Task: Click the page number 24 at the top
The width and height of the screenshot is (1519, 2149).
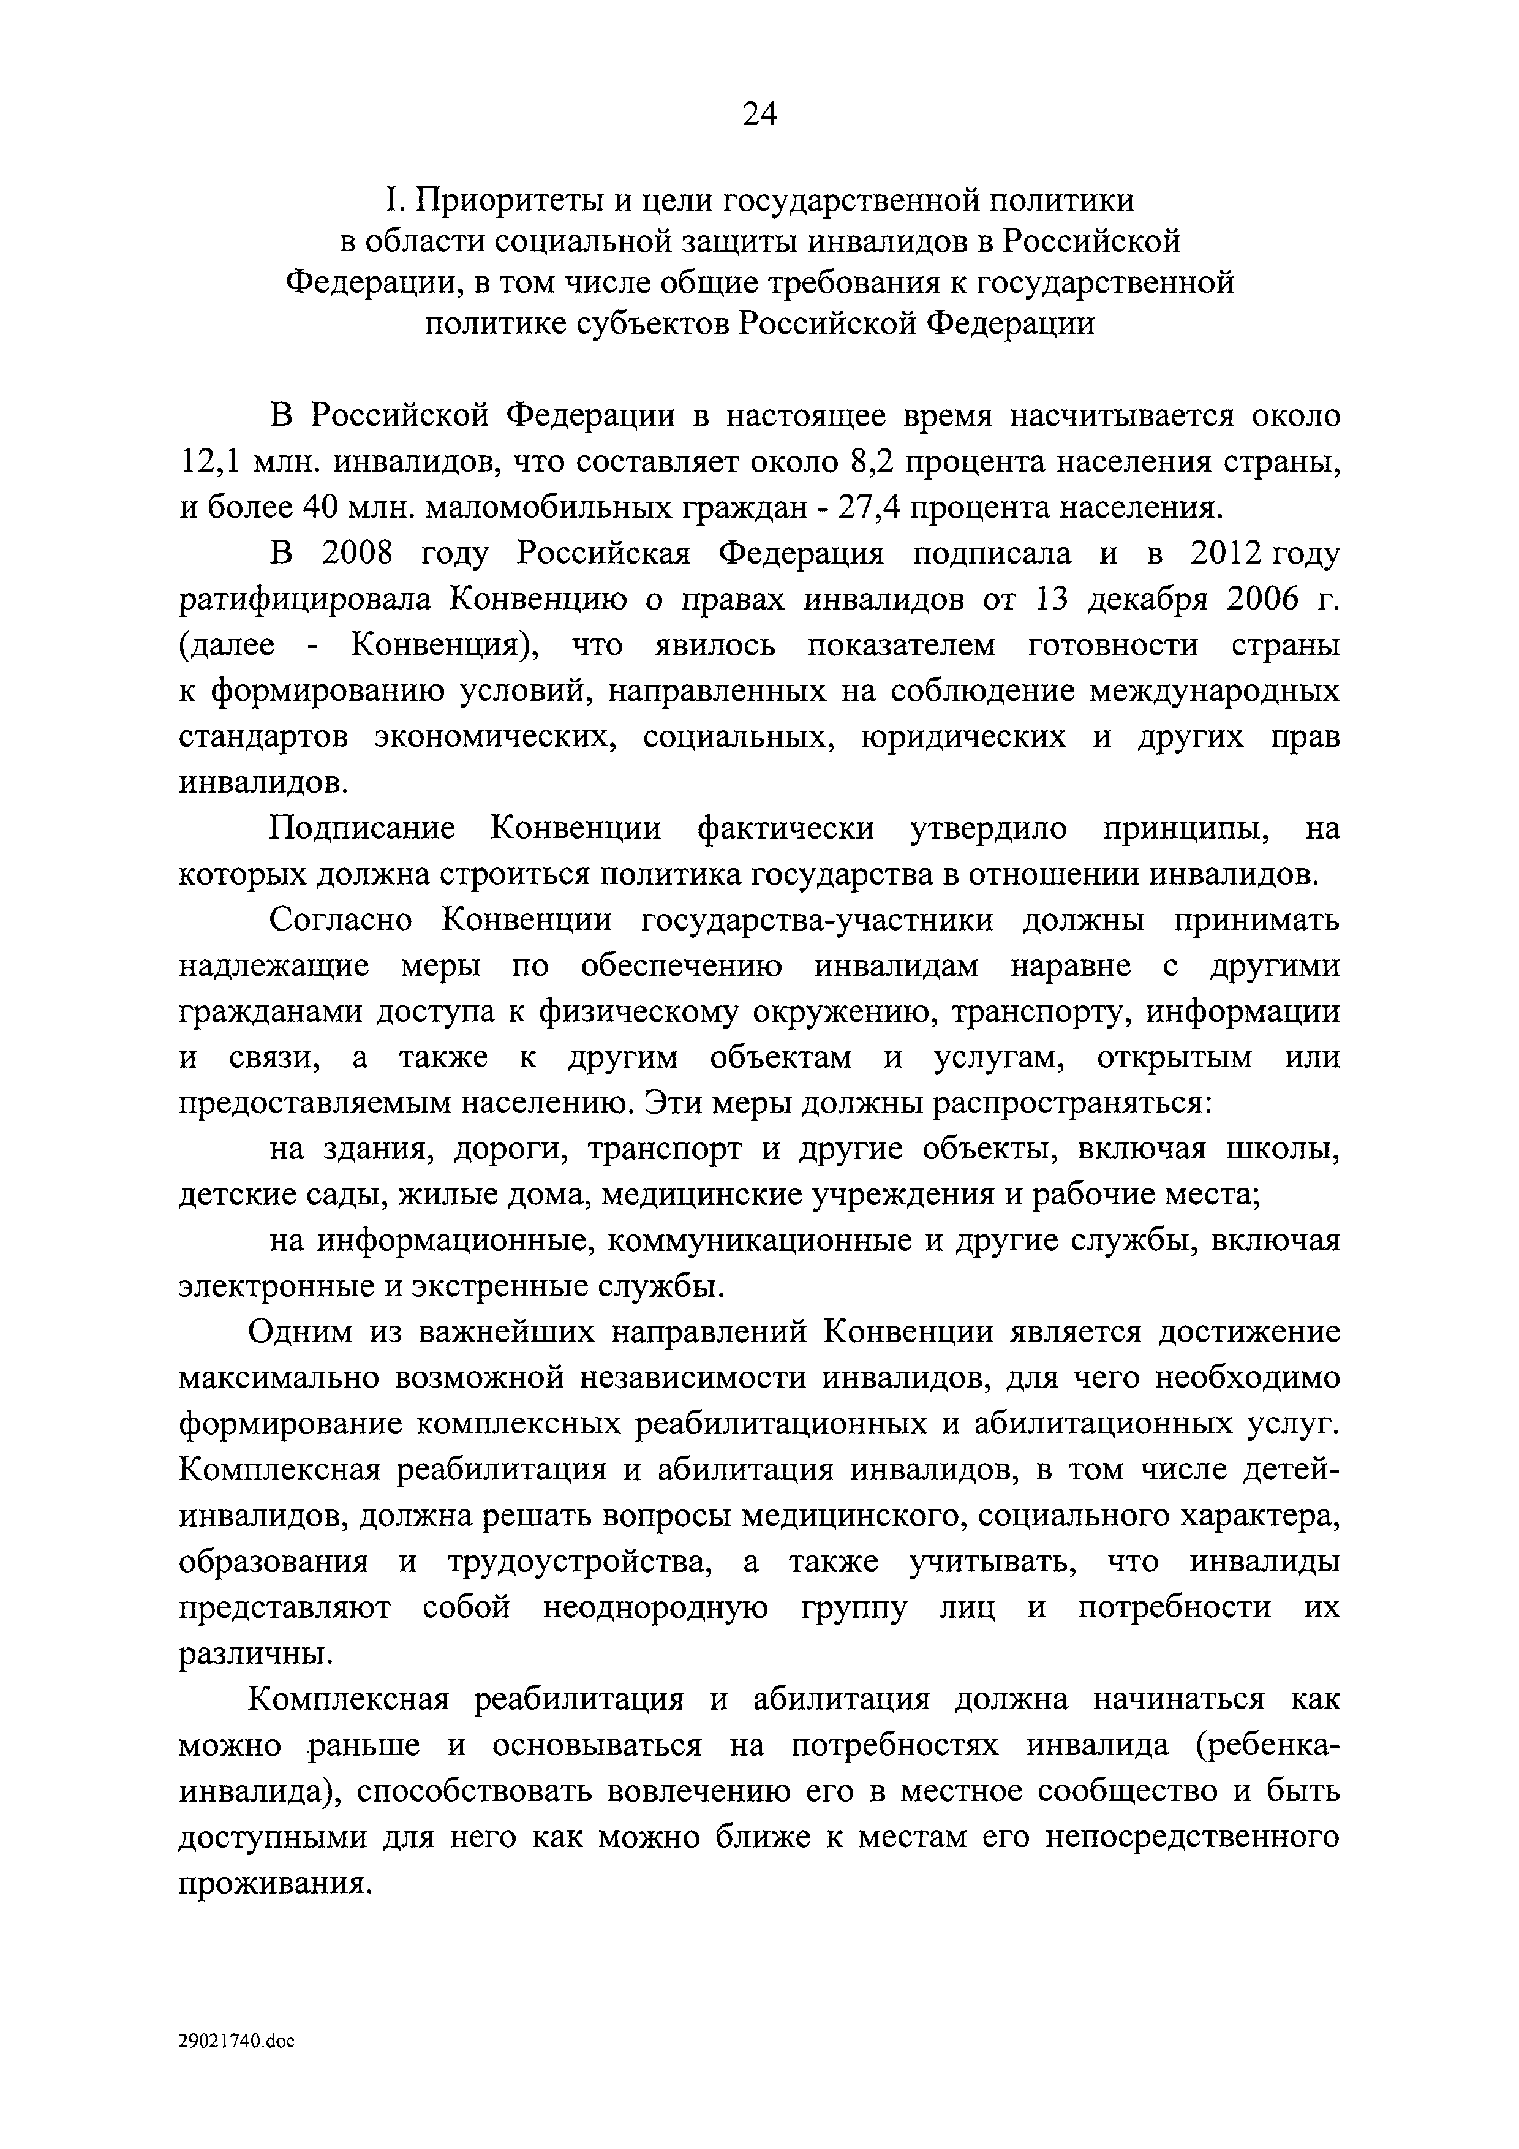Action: tap(759, 114)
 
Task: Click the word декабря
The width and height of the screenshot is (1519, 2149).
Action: tap(1147, 600)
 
